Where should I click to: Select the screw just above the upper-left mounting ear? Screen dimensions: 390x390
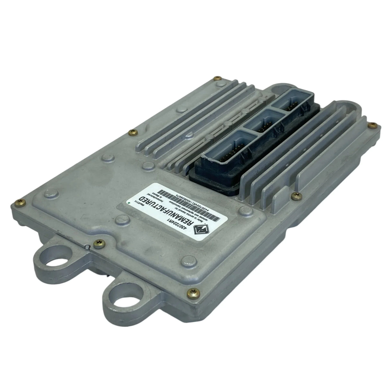[x=95, y=243]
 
